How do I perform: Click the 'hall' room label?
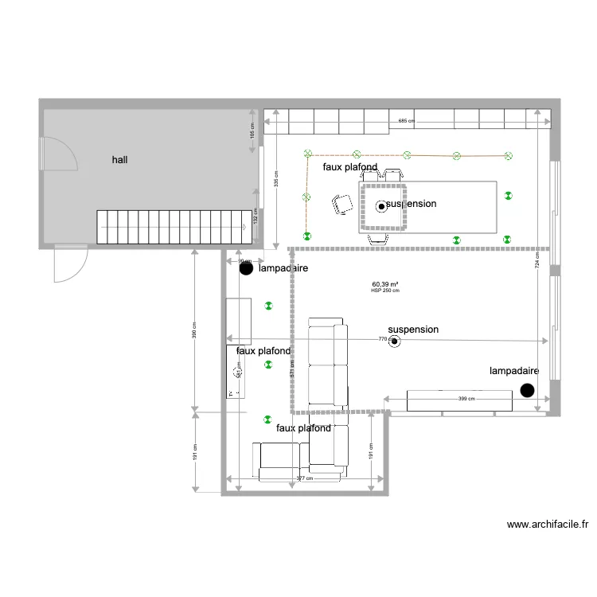[120, 160]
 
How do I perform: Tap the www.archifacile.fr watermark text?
[548, 525]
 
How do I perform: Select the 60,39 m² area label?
[385, 284]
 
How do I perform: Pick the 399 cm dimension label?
[466, 399]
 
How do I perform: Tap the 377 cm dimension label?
[303, 478]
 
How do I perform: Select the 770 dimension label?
[383, 340]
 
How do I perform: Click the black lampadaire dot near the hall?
[246, 269]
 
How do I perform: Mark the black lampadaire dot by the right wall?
[526, 389]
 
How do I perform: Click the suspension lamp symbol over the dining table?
[381, 206]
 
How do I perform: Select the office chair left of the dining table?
[344, 204]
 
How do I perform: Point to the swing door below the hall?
[70, 263]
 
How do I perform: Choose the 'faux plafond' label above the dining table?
[349, 168]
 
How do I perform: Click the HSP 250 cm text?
[385, 291]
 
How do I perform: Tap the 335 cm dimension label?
[276, 179]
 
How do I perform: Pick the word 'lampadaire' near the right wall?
[514, 371]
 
